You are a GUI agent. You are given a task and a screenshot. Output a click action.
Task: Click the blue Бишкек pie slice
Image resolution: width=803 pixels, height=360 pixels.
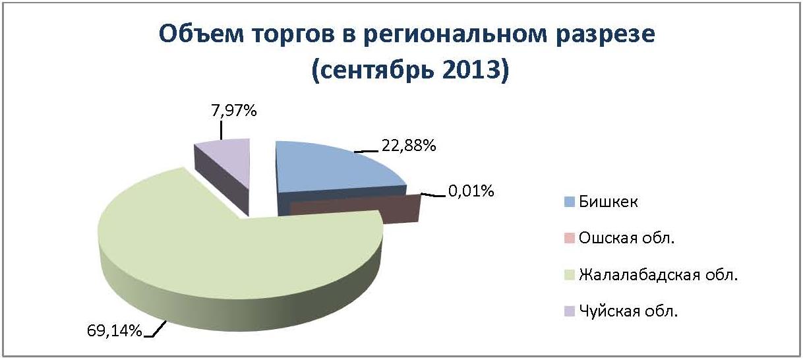coord(334,169)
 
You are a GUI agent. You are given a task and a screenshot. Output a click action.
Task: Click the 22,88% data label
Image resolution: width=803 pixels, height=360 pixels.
coord(409,146)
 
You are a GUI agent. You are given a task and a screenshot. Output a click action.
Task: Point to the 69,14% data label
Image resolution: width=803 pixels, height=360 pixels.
coord(114,330)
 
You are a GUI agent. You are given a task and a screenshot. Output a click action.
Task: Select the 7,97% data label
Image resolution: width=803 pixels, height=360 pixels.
coord(234,111)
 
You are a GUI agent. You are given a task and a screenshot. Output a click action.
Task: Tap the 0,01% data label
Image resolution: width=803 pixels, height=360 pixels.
coord(471,191)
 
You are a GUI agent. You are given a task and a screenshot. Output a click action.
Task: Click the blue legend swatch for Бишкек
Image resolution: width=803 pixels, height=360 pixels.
coord(569,202)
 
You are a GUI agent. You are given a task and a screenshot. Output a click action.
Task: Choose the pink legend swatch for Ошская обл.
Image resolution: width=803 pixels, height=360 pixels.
coord(569,238)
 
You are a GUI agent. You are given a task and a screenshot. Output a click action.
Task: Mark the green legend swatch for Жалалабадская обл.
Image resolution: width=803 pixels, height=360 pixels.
coord(569,275)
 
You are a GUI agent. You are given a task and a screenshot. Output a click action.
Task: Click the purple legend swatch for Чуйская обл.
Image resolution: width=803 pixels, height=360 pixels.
coord(569,311)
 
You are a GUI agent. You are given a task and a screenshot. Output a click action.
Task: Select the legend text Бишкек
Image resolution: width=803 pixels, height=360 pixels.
coord(609,202)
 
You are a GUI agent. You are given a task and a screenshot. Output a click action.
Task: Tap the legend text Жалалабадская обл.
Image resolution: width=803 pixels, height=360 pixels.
coord(658,275)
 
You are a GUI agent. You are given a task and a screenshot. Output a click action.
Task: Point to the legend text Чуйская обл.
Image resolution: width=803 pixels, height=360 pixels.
coord(628,311)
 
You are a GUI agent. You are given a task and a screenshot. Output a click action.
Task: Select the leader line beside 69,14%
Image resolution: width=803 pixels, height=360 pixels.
coord(155,329)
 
